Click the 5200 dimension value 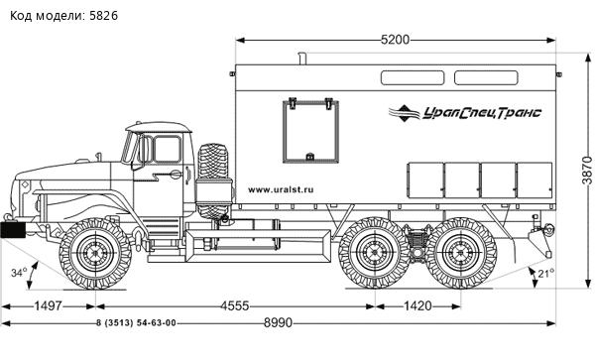coord(395,40)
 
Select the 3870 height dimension coord(587,170)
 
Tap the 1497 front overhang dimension coord(49,305)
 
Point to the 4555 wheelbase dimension coord(235,305)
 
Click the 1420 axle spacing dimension coord(417,305)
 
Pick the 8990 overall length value coord(278,323)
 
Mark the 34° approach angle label coord(19,273)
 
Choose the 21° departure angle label coord(546,273)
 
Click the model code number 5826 coord(103,16)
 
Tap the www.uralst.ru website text coord(281,189)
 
